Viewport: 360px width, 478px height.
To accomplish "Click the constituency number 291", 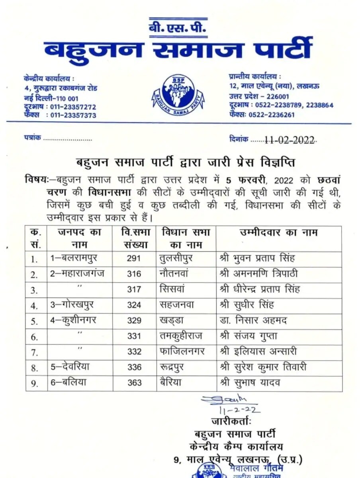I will [134, 258].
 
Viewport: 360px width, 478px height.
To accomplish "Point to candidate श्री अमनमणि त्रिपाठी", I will [258, 274].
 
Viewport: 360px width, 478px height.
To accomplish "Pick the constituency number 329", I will [134, 321].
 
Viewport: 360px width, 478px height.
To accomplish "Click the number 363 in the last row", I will [135, 383].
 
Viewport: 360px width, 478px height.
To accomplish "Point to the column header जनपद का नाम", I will [79, 238].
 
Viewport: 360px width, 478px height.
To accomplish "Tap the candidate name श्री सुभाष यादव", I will [249, 383].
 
